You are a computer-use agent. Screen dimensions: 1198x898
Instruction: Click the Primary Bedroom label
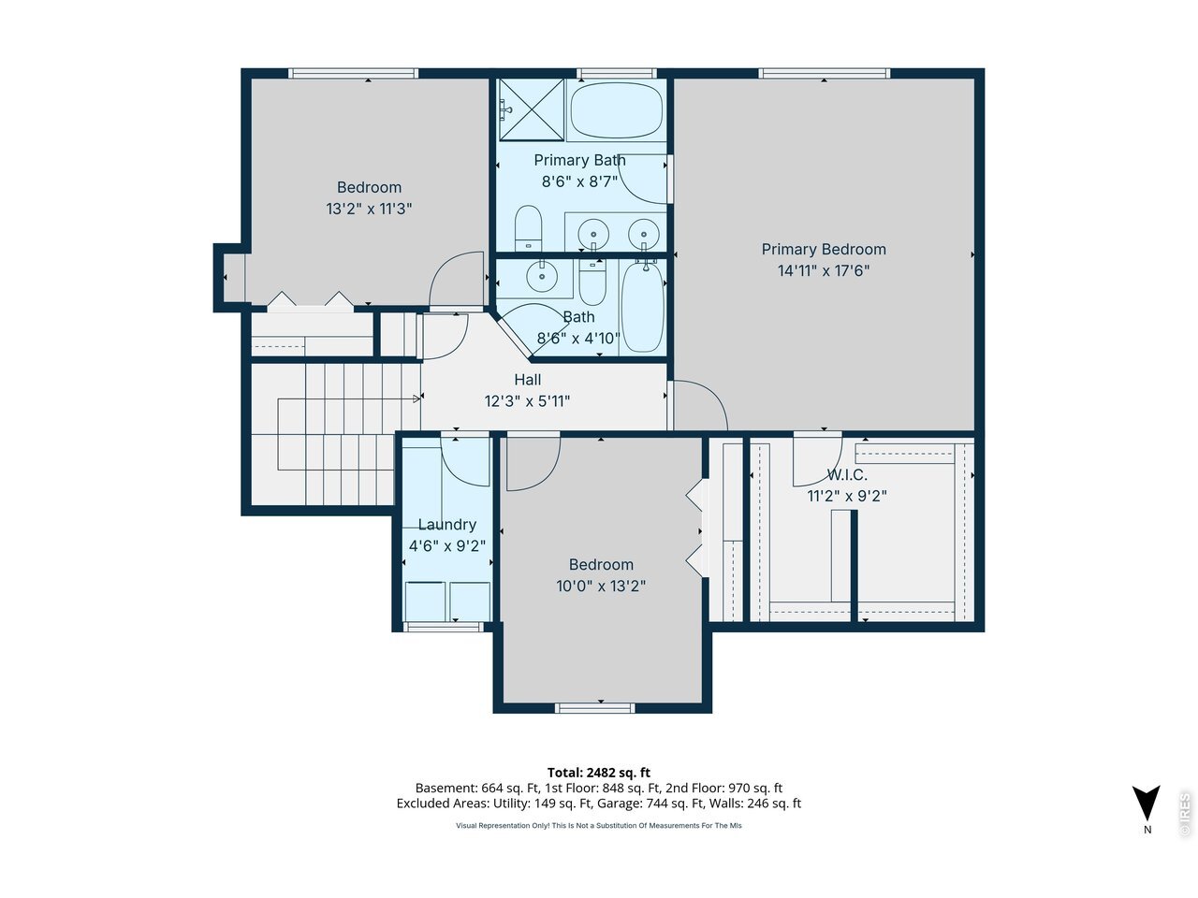tap(823, 249)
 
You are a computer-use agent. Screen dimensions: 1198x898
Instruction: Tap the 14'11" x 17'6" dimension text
tap(823, 270)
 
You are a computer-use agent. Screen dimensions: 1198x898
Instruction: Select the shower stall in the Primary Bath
tap(532, 109)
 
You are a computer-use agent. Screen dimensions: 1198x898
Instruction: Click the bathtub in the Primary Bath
tap(617, 110)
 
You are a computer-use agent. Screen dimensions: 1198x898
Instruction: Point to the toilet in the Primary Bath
tap(528, 228)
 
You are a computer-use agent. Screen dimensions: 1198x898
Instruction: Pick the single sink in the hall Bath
tap(541, 276)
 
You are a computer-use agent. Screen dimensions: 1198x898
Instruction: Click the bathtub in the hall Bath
tap(643, 306)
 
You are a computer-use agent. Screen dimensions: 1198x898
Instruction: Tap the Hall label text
tap(527, 380)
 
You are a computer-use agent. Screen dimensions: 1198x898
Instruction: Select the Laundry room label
tap(447, 524)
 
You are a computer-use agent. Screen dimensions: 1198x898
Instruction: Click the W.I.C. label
tap(846, 474)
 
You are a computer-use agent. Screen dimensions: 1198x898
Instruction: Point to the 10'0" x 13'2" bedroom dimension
tap(600, 586)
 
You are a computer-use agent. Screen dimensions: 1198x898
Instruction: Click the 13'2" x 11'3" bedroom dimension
tap(369, 209)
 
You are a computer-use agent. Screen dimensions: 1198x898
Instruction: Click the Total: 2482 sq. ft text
tap(598, 772)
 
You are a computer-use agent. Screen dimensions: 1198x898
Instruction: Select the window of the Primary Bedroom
tap(824, 73)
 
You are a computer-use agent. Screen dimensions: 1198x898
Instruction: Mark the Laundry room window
tap(444, 627)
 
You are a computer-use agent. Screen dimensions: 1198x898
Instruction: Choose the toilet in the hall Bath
tap(592, 282)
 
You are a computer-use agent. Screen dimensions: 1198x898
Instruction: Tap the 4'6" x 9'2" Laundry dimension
tap(447, 545)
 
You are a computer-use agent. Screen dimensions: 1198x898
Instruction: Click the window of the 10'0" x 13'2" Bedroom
tap(595, 708)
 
